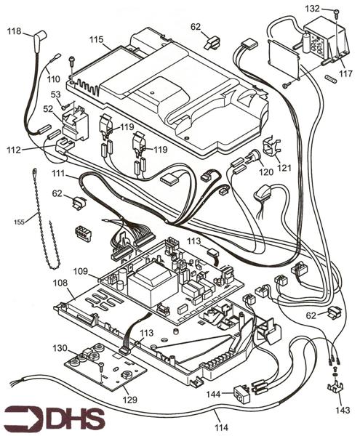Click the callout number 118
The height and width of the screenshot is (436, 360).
pos(14,32)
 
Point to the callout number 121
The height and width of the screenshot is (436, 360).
pos(284,168)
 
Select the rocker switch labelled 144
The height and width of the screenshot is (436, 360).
pos(239,395)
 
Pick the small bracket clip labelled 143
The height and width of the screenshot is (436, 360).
pos(335,386)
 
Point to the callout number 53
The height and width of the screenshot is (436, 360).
pos(55,94)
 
